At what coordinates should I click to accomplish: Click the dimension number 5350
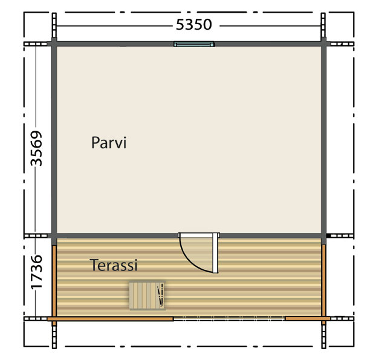(193, 25)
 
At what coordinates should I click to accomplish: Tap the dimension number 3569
(36, 148)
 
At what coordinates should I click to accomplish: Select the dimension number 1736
(36, 272)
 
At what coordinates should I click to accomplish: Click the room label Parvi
(109, 143)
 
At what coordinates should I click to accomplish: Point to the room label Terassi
(114, 265)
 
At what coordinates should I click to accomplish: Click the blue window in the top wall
(194, 44)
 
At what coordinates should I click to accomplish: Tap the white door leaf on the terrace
(215, 253)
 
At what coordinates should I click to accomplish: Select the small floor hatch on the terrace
(148, 295)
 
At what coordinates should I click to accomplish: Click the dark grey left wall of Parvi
(54, 140)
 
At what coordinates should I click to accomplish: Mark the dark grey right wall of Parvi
(323, 140)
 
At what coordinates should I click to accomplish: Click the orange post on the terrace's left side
(54, 281)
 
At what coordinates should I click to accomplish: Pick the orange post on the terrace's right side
(323, 281)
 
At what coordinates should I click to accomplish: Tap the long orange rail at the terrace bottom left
(111, 319)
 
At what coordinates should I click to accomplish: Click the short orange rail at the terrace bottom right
(308, 319)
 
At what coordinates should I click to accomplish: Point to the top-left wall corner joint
(54, 44)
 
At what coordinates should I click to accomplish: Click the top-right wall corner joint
(323, 44)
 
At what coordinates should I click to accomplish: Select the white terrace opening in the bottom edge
(229, 318)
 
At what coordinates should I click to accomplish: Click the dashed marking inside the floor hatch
(161, 295)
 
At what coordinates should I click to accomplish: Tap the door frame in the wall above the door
(199, 235)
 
